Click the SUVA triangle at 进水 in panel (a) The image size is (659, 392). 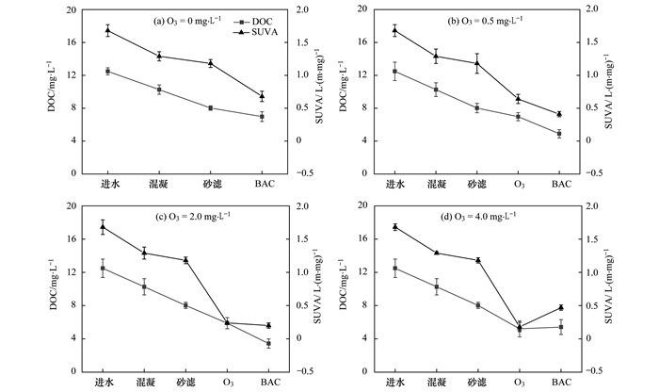(x=107, y=30)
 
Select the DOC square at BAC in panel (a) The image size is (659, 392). (x=261, y=116)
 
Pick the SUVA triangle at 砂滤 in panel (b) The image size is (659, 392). (x=477, y=63)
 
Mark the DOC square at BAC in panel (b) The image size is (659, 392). (x=559, y=134)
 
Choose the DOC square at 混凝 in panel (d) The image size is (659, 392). (x=436, y=287)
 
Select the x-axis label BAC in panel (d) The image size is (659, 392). (x=560, y=383)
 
